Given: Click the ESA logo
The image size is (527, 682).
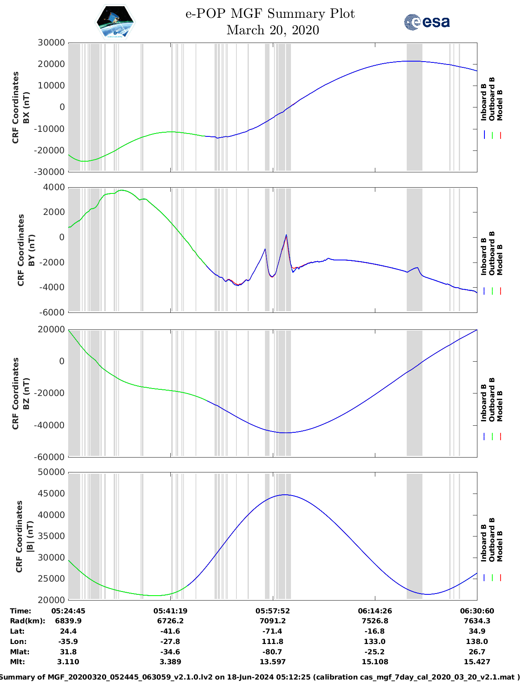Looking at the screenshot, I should [x=427, y=22].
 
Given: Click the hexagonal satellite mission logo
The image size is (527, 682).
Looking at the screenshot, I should [x=115, y=22].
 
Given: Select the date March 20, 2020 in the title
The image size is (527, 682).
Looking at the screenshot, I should [x=273, y=30].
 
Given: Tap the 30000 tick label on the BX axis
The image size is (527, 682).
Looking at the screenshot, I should [x=51, y=43].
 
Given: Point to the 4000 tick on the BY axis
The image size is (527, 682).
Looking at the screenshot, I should [x=54, y=187].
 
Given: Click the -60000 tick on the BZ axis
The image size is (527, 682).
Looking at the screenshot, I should [x=51, y=457].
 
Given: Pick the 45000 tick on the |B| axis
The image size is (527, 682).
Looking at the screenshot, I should [x=51, y=494].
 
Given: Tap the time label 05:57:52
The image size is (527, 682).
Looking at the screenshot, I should [x=273, y=611].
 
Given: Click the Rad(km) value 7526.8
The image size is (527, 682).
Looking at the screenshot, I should [x=375, y=621].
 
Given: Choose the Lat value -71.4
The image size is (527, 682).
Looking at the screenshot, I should [x=273, y=631].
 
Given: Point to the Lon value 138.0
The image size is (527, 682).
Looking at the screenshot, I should [x=477, y=641].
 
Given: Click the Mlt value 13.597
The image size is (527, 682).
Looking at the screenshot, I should [x=273, y=662].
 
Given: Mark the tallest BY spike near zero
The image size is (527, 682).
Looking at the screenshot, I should [x=286, y=235].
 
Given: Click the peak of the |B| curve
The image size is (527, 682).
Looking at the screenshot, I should [x=285, y=495].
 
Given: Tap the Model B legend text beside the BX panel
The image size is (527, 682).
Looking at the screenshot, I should [x=500, y=105].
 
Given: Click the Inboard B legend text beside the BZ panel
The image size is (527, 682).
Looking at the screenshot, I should [x=484, y=403].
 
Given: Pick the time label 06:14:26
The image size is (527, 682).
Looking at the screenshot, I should [x=375, y=611].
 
